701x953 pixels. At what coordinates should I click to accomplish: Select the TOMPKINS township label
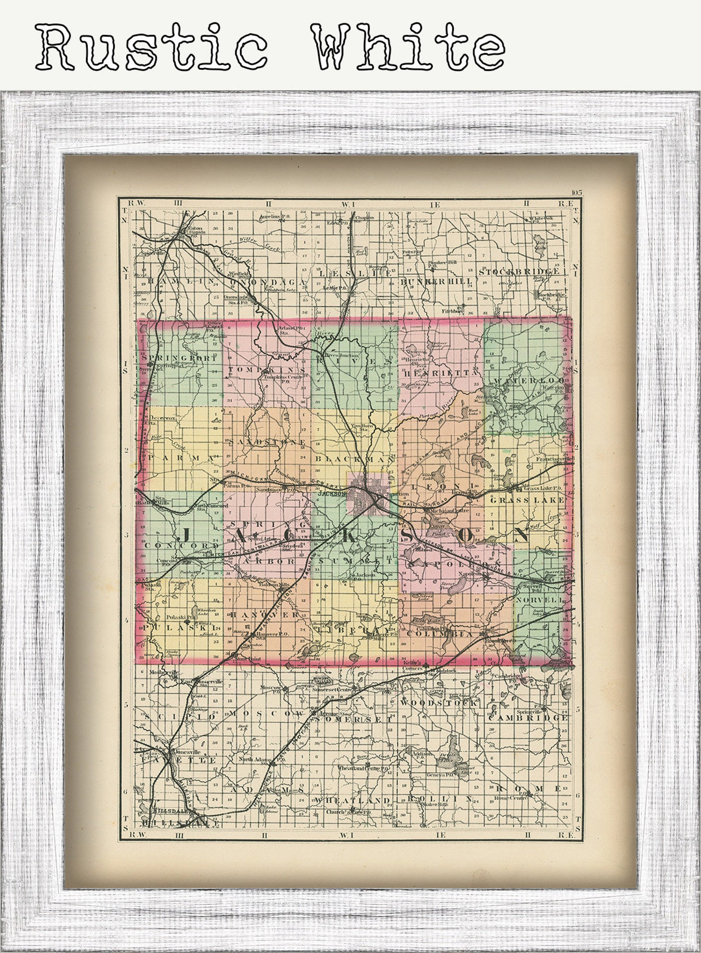point(266,370)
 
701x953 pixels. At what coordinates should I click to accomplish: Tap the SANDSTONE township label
point(267,442)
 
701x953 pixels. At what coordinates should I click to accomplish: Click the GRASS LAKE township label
point(527,500)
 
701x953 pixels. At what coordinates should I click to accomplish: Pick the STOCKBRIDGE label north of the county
point(521,271)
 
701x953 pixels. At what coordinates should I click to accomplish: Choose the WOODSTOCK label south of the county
point(439,702)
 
